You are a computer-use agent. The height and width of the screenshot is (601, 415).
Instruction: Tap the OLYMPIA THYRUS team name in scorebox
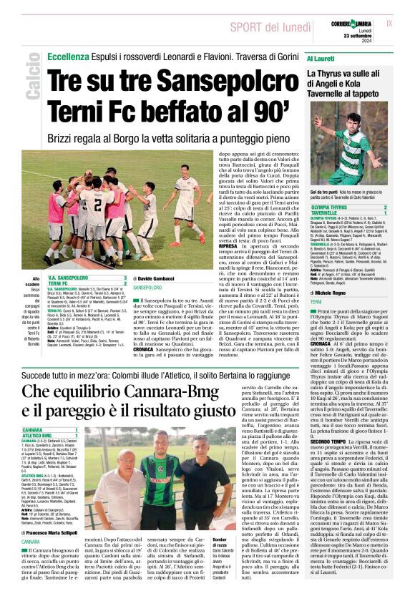click(331, 207)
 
